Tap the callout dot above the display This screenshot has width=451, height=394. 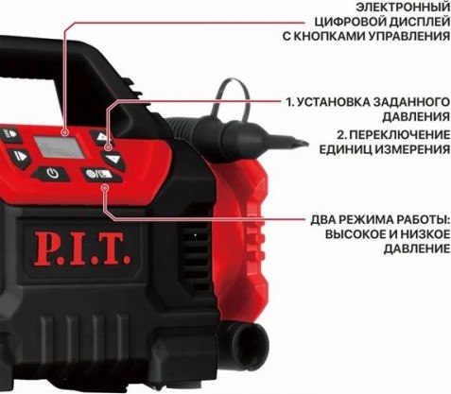pyautogui.click(x=64, y=132)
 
